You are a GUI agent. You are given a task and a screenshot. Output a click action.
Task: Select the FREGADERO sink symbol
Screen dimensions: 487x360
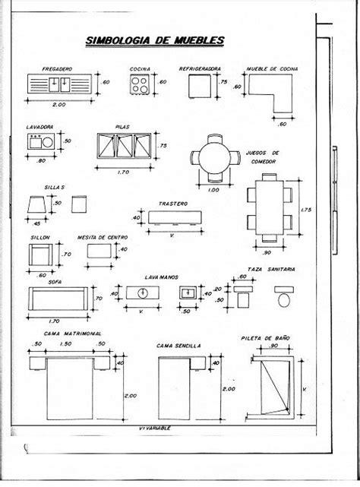point(61,83)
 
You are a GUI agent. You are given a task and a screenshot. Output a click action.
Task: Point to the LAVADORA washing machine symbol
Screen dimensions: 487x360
point(39,141)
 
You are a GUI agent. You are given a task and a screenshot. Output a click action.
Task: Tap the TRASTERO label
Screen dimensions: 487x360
point(172,204)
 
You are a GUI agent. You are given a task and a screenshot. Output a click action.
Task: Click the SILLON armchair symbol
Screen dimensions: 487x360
point(39,255)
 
